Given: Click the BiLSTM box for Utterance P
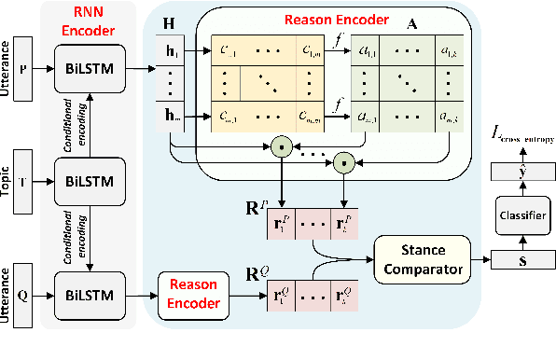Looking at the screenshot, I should coord(90,69).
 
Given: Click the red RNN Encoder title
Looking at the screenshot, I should coord(90,21).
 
